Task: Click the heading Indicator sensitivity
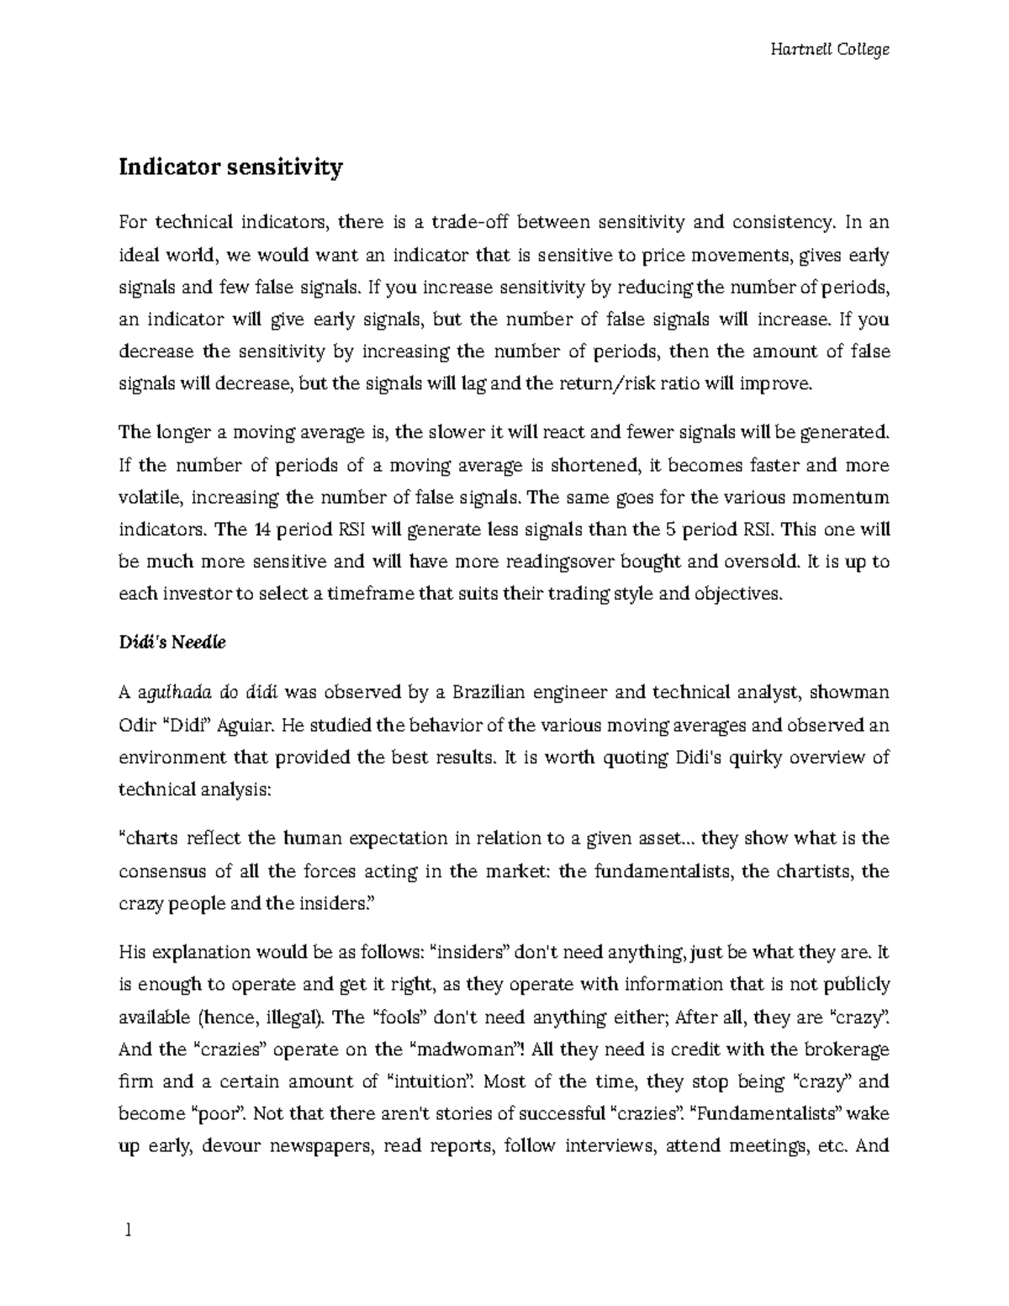230,167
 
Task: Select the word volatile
151,498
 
